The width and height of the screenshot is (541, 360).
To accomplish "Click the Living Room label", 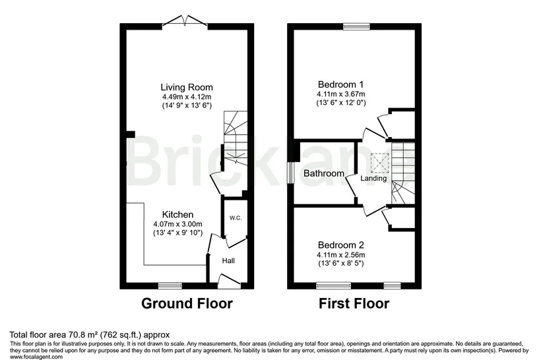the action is click(187, 87).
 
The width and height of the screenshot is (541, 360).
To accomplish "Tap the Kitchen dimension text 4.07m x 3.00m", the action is click(177, 224).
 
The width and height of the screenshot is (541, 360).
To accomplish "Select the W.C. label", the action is click(236, 218).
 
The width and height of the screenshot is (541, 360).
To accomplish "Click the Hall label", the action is click(228, 260).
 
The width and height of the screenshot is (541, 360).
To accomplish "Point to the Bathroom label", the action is click(324, 173).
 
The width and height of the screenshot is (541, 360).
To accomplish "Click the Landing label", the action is click(373, 178).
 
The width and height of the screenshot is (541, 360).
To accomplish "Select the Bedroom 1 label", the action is click(341, 84).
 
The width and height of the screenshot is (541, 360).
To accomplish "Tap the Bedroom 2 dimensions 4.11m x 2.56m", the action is click(341, 255).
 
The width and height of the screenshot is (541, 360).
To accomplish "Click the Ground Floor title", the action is click(187, 303).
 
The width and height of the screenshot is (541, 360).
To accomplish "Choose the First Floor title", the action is click(354, 303).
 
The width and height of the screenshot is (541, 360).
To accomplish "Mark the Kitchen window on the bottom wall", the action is click(170, 285).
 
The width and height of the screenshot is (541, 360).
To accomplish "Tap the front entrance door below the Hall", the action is click(230, 282).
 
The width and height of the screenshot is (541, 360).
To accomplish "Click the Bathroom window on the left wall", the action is click(290, 173).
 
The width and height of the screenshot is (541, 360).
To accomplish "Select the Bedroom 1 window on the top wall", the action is click(356, 26).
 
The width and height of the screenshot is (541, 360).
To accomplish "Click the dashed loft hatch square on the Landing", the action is click(380, 163).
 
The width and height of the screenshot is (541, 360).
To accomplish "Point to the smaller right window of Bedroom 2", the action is click(393, 285).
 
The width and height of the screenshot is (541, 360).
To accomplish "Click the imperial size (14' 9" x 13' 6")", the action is click(187, 105).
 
